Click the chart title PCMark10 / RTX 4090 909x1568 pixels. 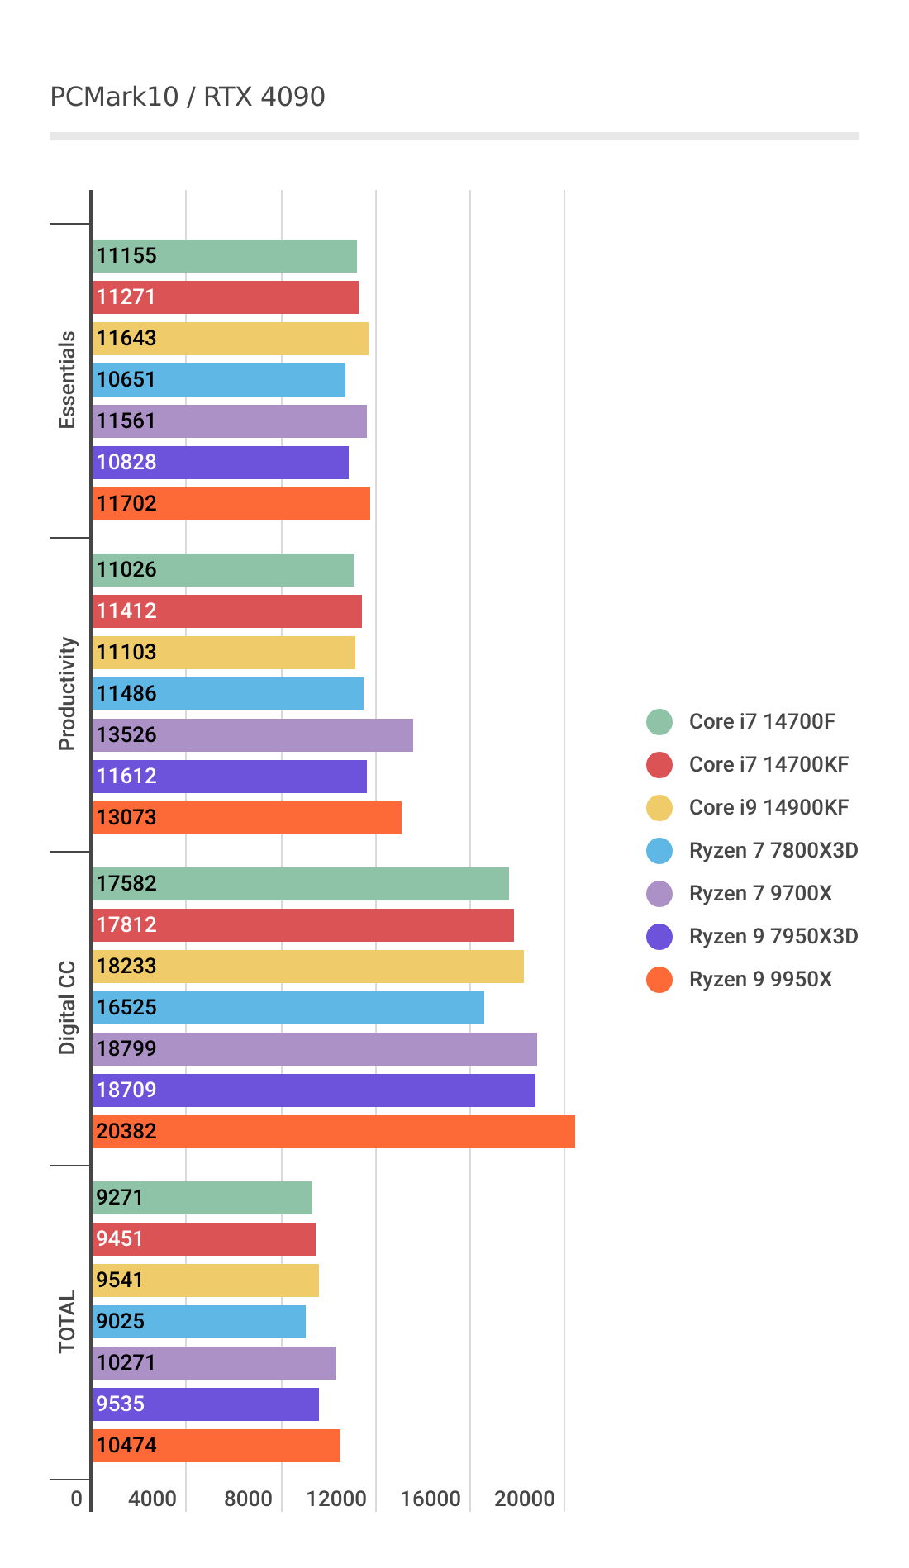click(x=188, y=97)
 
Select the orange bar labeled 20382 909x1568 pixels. click(x=333, y=1131)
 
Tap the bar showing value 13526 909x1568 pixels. click(x=252, y=734)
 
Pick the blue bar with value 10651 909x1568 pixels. click(x=218, y=379)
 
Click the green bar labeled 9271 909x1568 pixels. click(x=202, y=1197)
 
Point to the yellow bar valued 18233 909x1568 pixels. click(x=307, y=966)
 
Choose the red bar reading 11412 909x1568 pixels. click(x=226, y=611)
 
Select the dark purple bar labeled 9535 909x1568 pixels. click(x=205, y=1404)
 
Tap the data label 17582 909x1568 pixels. click(x=126, y=883)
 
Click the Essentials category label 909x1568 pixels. click(x=67, y=380)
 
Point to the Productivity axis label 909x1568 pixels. click(x=67, y=694)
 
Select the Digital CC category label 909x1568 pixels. click(x=67, y=1008)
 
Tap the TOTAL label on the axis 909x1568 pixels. click(x=67, y=1322)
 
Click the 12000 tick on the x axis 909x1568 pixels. click(x=336, y=1499)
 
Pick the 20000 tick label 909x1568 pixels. click(x=525, y=1499)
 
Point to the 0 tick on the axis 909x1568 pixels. click(x=77, y=1499)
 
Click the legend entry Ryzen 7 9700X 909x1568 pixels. click(x=760, y=893)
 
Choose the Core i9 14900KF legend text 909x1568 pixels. click(x=769, y=807)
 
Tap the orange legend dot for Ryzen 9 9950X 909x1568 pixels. click(x=659, y=979)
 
